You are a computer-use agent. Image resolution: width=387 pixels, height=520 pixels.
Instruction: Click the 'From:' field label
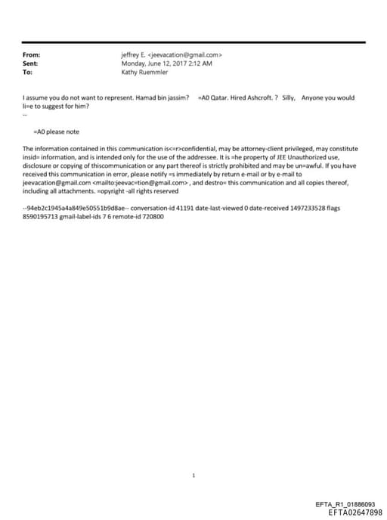pos(32,55)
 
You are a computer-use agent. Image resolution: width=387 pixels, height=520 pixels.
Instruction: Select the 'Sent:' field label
pos(31,63)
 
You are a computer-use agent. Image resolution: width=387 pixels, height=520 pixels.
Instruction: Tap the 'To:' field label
pos(28,73)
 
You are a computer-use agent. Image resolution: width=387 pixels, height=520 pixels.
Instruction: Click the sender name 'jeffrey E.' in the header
pos(134,55)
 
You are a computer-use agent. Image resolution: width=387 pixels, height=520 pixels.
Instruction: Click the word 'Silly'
pos(288,98)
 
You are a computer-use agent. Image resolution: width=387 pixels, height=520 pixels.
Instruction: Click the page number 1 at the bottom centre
pos(193,475)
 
